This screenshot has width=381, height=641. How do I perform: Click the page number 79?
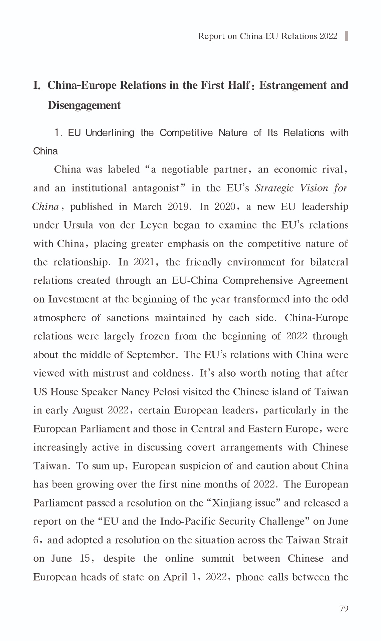point(344,609)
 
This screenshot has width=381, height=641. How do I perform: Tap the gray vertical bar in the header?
point(346,36)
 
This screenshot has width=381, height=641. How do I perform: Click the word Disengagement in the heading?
point(84,105)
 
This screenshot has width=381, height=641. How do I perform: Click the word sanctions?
point(128,318)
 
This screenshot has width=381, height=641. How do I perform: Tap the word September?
point(151,355)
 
